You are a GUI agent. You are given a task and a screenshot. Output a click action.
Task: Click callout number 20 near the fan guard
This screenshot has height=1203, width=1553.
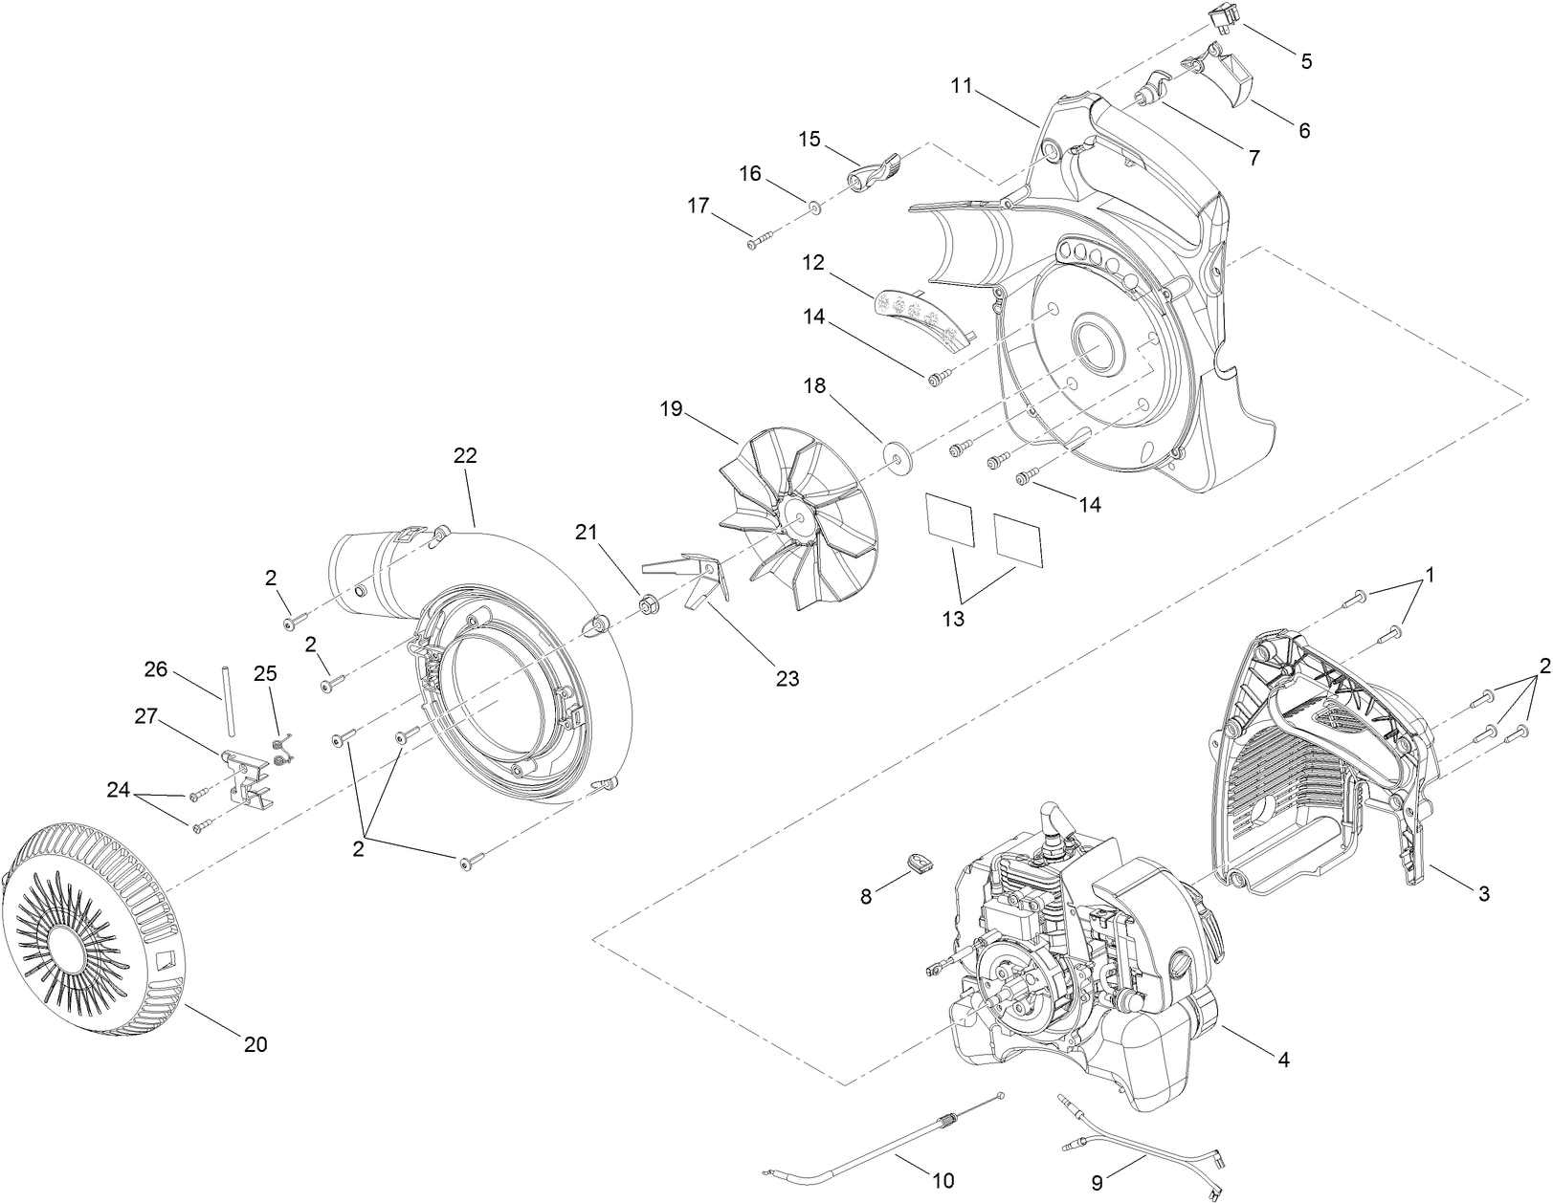pos(255,1044)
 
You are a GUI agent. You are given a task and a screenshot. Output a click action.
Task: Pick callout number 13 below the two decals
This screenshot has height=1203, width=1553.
pos(953,619)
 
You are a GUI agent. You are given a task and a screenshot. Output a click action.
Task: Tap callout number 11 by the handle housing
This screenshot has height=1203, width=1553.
pos(962,86)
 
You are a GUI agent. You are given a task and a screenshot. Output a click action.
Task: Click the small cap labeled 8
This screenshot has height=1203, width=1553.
pos(921,864)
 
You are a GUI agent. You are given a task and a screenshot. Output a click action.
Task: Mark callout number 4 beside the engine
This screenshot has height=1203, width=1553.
pos(1284,1060)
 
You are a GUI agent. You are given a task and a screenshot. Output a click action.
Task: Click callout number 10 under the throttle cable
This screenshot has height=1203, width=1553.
pos(943,1181)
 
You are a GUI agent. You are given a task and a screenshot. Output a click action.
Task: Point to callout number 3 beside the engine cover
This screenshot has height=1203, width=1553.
pos(1483,894)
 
